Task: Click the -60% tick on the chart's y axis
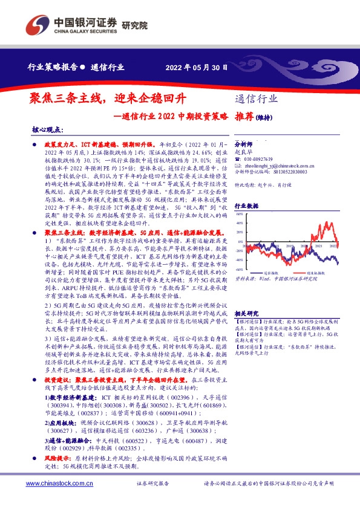240,269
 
